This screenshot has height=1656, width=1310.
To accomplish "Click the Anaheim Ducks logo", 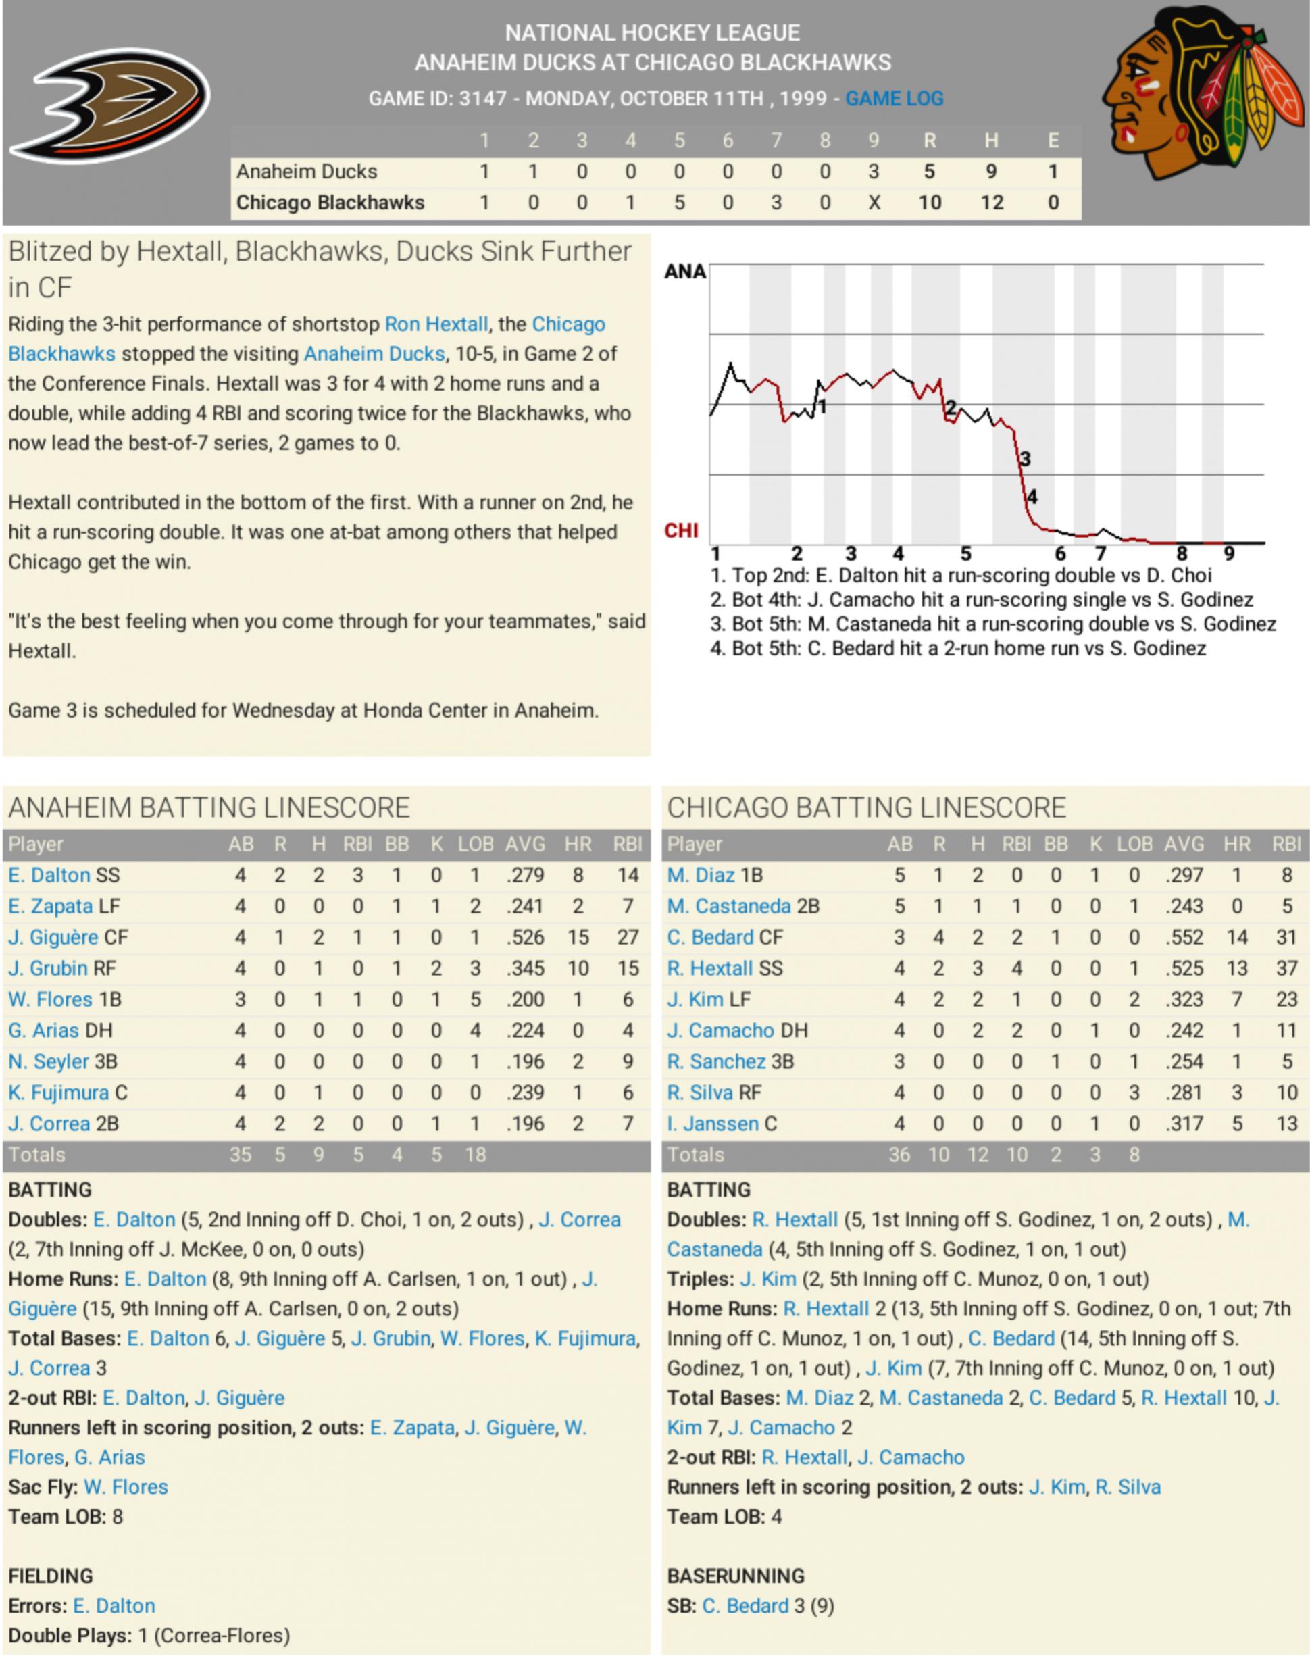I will (109, 105).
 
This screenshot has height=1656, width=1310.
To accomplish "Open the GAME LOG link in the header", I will (895, 98).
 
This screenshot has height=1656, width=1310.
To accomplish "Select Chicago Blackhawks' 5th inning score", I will (679, 203).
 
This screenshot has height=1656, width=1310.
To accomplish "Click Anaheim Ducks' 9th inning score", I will (873, 171).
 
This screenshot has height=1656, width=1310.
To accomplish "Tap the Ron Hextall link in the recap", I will (436, 324).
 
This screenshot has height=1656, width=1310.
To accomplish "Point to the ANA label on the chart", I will (685, 272).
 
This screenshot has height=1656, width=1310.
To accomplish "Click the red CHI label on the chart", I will (681, 531).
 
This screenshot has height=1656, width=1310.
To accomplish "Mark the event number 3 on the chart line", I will (1025, 459).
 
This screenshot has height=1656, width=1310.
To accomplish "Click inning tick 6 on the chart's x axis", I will (1060, 553).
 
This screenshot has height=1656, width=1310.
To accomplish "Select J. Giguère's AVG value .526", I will (525, 937).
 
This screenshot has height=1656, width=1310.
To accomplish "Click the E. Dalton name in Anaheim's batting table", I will (49, 875).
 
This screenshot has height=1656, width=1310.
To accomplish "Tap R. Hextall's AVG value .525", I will (1184, 968).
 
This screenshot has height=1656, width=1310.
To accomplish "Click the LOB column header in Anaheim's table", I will (476, 844).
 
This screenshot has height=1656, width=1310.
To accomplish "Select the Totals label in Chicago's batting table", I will (696, 1155).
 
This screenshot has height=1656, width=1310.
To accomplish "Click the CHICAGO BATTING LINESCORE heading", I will (866, 807).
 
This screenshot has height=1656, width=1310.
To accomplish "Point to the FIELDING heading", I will (51, 1576).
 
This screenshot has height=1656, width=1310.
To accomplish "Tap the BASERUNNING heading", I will (736, 1576).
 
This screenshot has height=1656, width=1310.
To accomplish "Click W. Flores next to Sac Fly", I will (126, 1486).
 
